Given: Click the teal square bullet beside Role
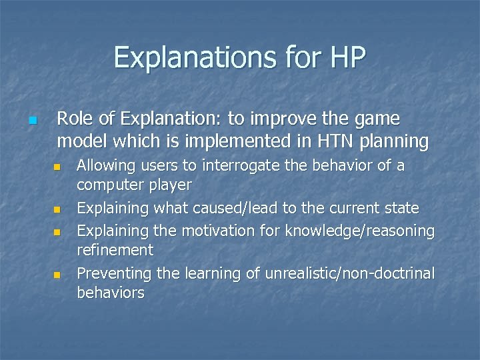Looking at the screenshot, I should pyautogui.click(x=31, y=121).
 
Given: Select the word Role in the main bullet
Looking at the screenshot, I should pyautogui.click(x=74, y=119).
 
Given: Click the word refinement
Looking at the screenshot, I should pyautogui.click(x=115, y=250).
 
